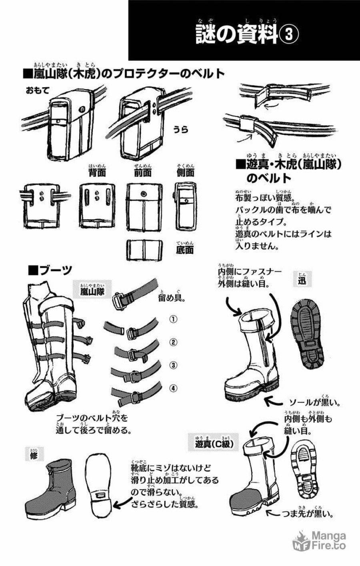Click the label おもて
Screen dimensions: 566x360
tap(38, 91)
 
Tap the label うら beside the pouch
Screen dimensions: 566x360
tap(181, 129)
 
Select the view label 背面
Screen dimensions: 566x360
tap(97, 173)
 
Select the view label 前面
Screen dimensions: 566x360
tap(142, 173)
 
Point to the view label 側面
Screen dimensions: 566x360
tap(185, 173)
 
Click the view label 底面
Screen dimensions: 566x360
tap(185, 250)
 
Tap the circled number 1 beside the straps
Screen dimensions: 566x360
tap(173, 319)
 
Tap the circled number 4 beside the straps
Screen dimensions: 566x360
tap(173, 387)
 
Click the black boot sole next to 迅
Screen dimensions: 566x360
tap(314, 335)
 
